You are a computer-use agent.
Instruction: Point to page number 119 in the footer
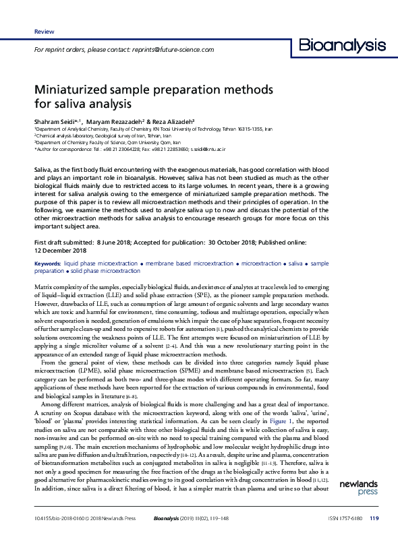pyautogui.click(x=375, y=518)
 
